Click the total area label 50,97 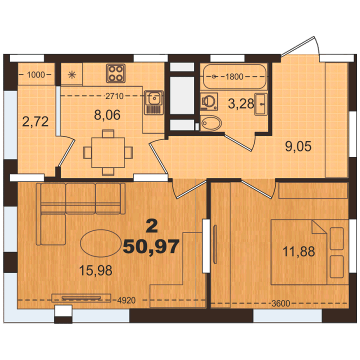[x=151, y=247]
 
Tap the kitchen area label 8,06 [x=107, y=115]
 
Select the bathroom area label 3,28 [x=241, y=103]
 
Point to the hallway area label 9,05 [x=298, y=146]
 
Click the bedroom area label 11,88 [x=298, y=251]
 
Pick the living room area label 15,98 [x=95, y=270]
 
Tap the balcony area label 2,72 [x=35, y=121]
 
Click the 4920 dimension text [x=126, y=300]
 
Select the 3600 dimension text [x=281, y=303]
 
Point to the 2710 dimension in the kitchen [x=114, y=96]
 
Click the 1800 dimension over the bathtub [x=234, y=76]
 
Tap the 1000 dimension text [x=36, y=74]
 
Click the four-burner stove [x=115, y=73]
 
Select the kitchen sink [x=154, y=102]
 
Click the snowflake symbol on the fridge [x=72, y=74]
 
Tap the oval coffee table [x=100, y=243]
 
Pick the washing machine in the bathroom [x=208, y=101]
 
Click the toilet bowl [x=211, y=123]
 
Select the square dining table [x=108, y=152]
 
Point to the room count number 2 [x=152, y=225]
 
